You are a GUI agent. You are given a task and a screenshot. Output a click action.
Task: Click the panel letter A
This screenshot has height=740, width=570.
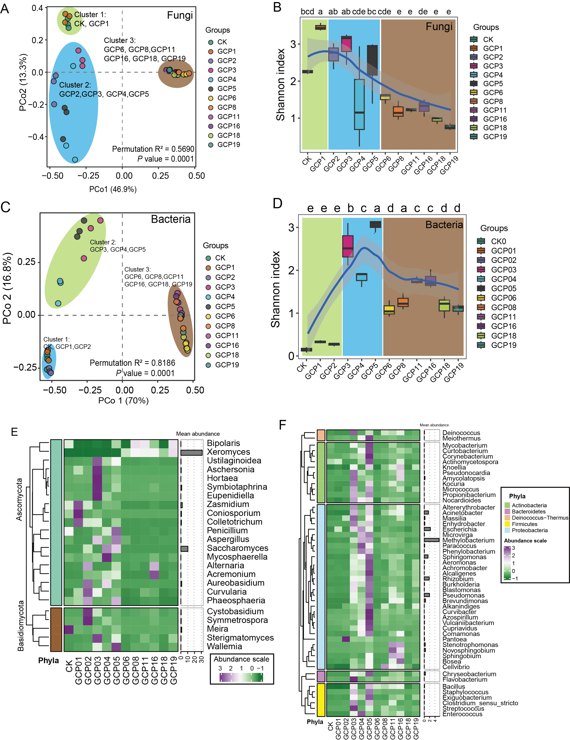tap(5, 8)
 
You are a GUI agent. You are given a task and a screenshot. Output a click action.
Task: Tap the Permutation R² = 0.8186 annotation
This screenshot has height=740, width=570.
tap(132, 363)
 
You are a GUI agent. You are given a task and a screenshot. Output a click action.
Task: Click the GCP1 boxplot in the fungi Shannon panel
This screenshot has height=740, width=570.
tap(320, 27)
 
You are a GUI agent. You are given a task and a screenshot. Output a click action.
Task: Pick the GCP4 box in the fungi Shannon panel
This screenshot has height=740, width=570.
tap(359, 104)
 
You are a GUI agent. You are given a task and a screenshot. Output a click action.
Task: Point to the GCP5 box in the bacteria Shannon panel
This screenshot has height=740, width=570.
tap(375, 224)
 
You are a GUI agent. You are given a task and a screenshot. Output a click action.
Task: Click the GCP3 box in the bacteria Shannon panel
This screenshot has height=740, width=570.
tap(348, 246)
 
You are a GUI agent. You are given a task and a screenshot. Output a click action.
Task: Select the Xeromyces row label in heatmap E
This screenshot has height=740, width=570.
tap(228, 452)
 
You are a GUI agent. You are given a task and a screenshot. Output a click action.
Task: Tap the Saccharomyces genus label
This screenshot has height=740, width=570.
tap(237, 548)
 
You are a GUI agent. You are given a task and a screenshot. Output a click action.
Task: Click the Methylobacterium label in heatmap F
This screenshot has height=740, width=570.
tap(468, 540)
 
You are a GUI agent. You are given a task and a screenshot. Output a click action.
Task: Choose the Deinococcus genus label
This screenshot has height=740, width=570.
tap(461, 433)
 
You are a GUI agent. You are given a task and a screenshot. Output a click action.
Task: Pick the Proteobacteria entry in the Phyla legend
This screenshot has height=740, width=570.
tap(529, 530)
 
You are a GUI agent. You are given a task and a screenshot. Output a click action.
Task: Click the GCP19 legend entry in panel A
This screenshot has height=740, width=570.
tap(228, 145)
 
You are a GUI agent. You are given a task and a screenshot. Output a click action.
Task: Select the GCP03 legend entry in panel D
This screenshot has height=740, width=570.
tap(503, 270)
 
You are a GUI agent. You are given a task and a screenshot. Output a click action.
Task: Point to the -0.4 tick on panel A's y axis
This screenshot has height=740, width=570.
tap(36, 137)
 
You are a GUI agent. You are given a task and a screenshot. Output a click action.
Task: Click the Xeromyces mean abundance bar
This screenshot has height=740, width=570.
tap(191, 453)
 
